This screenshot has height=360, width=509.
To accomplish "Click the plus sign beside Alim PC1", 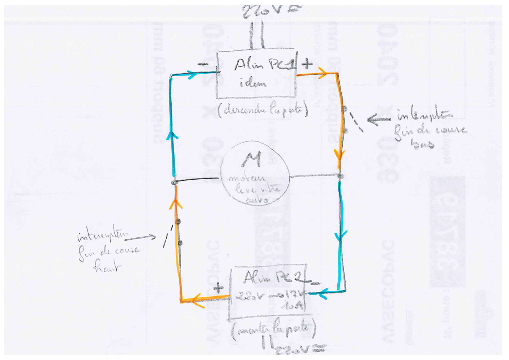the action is [307, 64].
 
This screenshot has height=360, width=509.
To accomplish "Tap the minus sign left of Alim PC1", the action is [203, 65].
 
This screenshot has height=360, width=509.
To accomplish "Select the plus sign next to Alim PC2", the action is [218, 289].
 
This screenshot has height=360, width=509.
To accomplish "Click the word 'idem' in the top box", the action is [253, 83].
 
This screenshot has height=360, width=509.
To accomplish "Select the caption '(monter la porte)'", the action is [273, 329].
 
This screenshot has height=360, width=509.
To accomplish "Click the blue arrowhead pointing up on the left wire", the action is [172, 135].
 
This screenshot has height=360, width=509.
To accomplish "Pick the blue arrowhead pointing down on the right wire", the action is [341, 236].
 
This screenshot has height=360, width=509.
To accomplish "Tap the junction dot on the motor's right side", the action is [341, 177].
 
